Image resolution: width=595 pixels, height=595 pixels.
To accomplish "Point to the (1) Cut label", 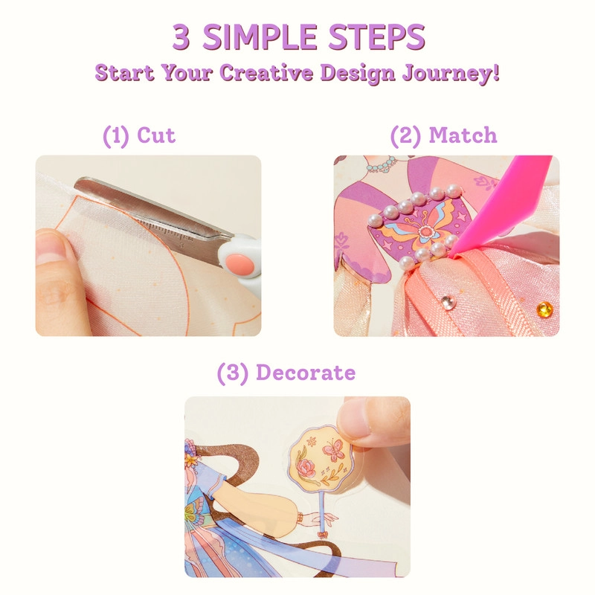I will (x=139, y=136).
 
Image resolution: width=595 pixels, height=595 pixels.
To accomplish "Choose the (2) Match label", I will (x=443, y=136).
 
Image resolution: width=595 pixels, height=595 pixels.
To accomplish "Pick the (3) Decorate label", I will (x=286, y=373).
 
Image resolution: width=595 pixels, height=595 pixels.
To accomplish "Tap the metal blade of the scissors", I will (x=156, y=212).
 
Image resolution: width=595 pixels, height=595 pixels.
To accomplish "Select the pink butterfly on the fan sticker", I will (x=332, y=450).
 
